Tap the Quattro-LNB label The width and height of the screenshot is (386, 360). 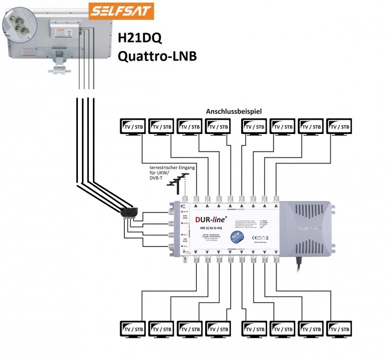[156, 56]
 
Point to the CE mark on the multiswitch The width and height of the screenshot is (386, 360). [259, 236]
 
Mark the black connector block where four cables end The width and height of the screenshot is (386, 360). [128, 214]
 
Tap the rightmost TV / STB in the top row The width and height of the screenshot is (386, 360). [341, 127]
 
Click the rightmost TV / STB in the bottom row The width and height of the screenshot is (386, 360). [341, 329]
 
